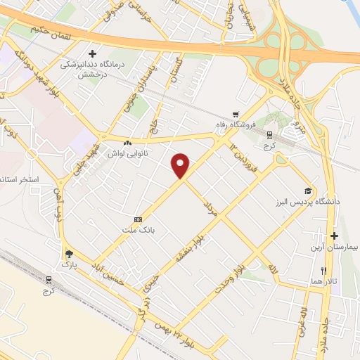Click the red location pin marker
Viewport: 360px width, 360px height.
tap(181, 165)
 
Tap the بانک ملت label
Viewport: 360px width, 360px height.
tap(138, 230)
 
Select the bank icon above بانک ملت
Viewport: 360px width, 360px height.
tap(138, 219)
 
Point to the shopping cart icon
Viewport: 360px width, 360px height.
tap(236, 113)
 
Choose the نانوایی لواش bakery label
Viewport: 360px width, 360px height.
tap(126, 152)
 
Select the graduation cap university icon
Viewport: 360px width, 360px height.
tap(307, 191)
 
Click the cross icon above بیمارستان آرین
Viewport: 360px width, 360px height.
tap(334, 236)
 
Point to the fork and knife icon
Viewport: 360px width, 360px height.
tap(324, 271)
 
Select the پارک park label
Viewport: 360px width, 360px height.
tap(68, 264)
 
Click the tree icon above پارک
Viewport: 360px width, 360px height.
tap(68, 254)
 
